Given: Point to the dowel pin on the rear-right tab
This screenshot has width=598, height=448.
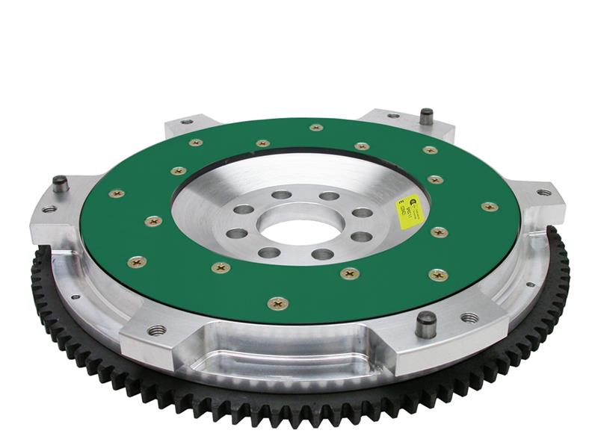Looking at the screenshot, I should [426, 116].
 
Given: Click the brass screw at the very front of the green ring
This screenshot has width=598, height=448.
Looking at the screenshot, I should [277, 303].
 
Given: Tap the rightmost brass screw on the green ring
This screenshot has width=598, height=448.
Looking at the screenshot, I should [490, 206].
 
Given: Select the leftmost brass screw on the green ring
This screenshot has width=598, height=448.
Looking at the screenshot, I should [117, 193].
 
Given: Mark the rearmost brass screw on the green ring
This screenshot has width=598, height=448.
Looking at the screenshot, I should [316, 127].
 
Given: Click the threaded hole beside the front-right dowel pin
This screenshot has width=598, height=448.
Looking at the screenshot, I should [469, 317].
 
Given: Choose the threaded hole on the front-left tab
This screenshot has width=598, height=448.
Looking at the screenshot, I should [156, 329].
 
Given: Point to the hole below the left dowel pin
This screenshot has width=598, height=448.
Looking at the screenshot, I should [49, 208].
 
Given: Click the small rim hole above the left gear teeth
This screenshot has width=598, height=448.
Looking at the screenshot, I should [74, 296].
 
